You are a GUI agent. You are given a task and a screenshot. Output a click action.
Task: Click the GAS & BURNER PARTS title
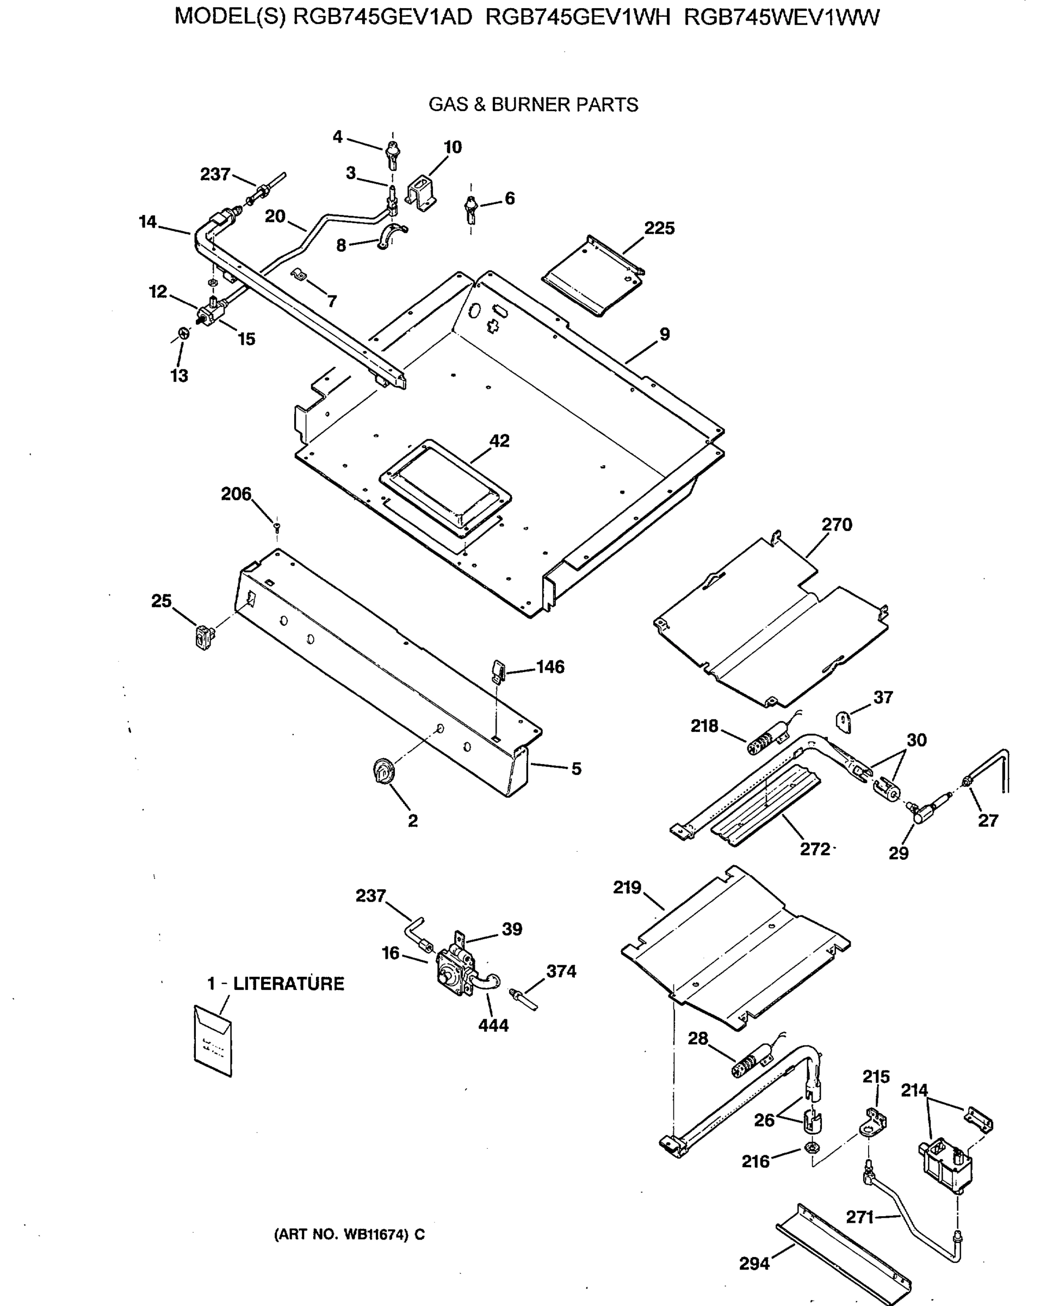532,105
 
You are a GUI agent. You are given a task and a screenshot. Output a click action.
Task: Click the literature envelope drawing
213,1041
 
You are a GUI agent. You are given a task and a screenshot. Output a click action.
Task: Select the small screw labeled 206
277,524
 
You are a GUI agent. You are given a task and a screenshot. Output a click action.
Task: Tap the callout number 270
837,524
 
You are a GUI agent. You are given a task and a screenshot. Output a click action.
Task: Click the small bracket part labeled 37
844,723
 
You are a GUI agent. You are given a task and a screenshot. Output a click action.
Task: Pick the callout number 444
493,1026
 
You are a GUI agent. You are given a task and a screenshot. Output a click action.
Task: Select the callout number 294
754,1264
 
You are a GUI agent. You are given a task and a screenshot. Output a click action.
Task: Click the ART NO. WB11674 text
349,1235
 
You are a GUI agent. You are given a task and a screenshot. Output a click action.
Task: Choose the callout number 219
627,888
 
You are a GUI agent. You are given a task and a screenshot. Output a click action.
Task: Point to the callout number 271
859,1217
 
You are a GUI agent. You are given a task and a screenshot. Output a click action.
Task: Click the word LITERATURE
288,984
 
